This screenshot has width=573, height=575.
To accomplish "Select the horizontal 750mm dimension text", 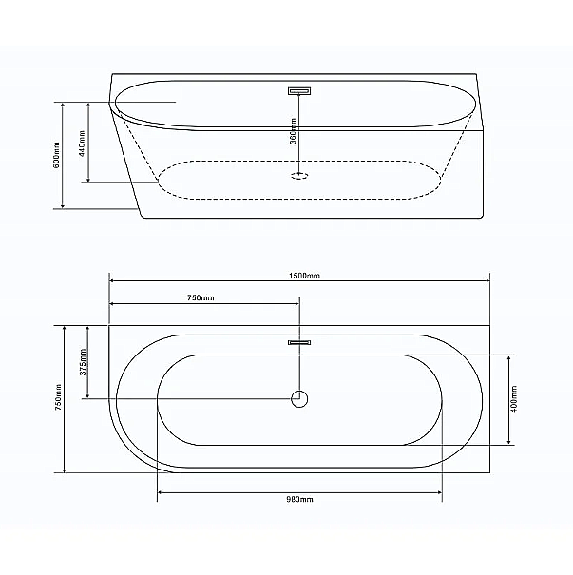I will click(201, 298).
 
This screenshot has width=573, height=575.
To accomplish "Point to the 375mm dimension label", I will click(83, 362).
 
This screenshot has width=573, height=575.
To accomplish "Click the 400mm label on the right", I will click(514, 400).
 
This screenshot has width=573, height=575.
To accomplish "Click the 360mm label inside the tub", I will click(296, 132).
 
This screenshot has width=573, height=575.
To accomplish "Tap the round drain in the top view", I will click(299, 399).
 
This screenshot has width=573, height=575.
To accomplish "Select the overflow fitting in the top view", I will click(299, 343).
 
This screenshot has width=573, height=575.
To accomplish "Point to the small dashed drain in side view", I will click(299, 175).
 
